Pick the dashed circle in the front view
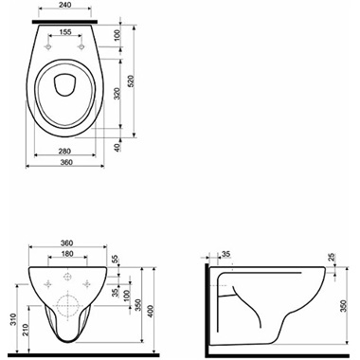point(66,307)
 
